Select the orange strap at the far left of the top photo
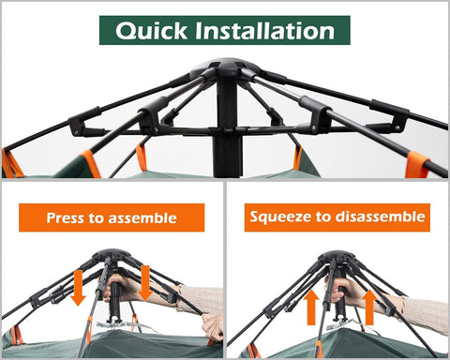[12, 163]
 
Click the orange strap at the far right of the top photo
[416, 165]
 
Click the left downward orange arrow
[78, 286]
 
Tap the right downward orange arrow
[144, 280]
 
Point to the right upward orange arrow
[368, 306]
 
